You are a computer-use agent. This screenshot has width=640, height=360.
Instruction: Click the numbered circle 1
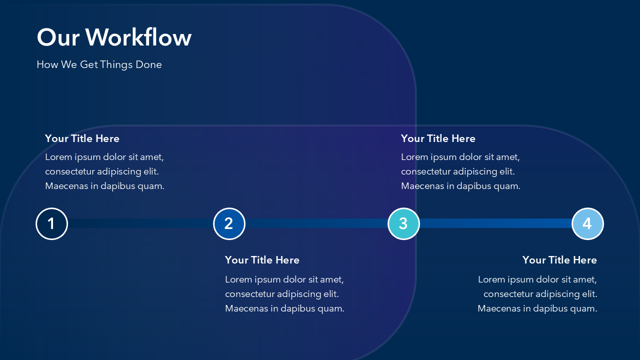click(51, 223)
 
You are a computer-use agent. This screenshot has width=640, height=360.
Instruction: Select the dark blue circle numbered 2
click(229, 223)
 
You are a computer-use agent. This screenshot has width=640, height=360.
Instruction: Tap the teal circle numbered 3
click(403, 223)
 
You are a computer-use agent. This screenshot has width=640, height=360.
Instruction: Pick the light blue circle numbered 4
click(587, 223)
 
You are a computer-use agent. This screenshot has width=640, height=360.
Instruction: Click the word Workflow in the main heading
click(138, 37)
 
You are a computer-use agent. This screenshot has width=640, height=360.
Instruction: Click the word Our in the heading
click(58, 37)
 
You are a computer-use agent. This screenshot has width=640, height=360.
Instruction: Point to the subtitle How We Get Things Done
click(99, 64)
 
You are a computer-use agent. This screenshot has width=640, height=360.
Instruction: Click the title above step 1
click(82, 138)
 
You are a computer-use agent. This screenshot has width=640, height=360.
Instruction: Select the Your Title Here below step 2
click(262, 260)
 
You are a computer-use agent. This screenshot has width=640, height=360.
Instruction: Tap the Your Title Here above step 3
click(438, 138)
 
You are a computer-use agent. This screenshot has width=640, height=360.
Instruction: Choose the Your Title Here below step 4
click(559, 260)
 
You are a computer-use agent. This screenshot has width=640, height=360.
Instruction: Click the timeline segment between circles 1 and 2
click(140, 223)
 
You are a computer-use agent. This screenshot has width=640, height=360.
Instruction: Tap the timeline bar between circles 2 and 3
click(316, 223)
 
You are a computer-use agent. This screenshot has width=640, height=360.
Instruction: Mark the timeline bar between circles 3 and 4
click(495, 223)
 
